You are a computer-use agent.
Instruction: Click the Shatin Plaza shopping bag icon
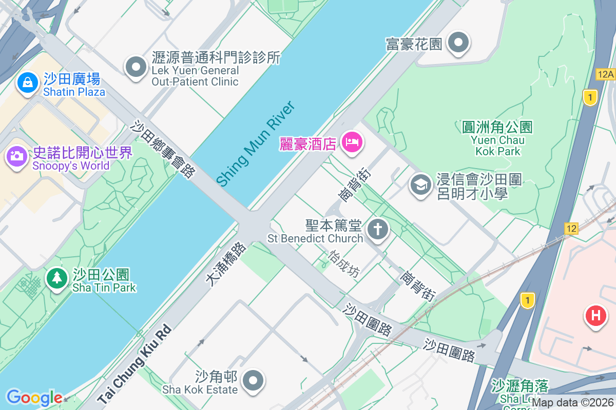click(27, 82)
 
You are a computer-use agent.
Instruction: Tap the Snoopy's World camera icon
click(17, 155)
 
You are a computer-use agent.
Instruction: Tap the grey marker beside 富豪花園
click(458, 43)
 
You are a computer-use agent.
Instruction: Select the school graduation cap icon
click(421, 184)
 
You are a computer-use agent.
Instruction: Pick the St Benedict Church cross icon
click(378, 229)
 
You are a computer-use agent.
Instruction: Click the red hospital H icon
click(596, 315)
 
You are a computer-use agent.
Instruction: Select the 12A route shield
click(606, 74)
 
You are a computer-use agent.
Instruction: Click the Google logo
click(34, 398)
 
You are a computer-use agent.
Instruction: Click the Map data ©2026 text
click(572, 403)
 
